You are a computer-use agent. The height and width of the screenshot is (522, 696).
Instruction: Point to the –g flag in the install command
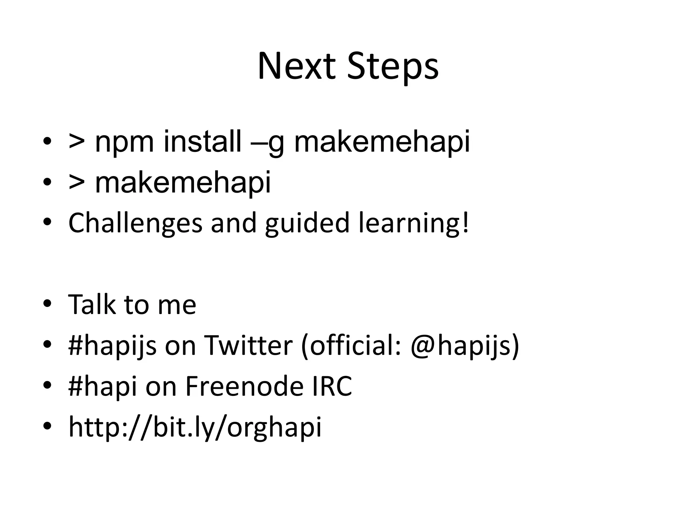point(267,143)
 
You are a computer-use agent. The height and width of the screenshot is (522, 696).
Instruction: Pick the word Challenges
point(135,223)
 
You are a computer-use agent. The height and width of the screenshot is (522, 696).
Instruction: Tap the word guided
point(307,223)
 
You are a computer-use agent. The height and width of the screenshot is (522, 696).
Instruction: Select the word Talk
point(91,304)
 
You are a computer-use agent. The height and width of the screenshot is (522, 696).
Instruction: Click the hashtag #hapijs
point(112,346)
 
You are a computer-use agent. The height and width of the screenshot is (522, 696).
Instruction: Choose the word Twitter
point(248,345)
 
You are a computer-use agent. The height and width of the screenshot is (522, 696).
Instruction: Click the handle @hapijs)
point(465,346)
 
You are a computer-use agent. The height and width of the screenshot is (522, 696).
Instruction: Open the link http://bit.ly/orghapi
point(195,428)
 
